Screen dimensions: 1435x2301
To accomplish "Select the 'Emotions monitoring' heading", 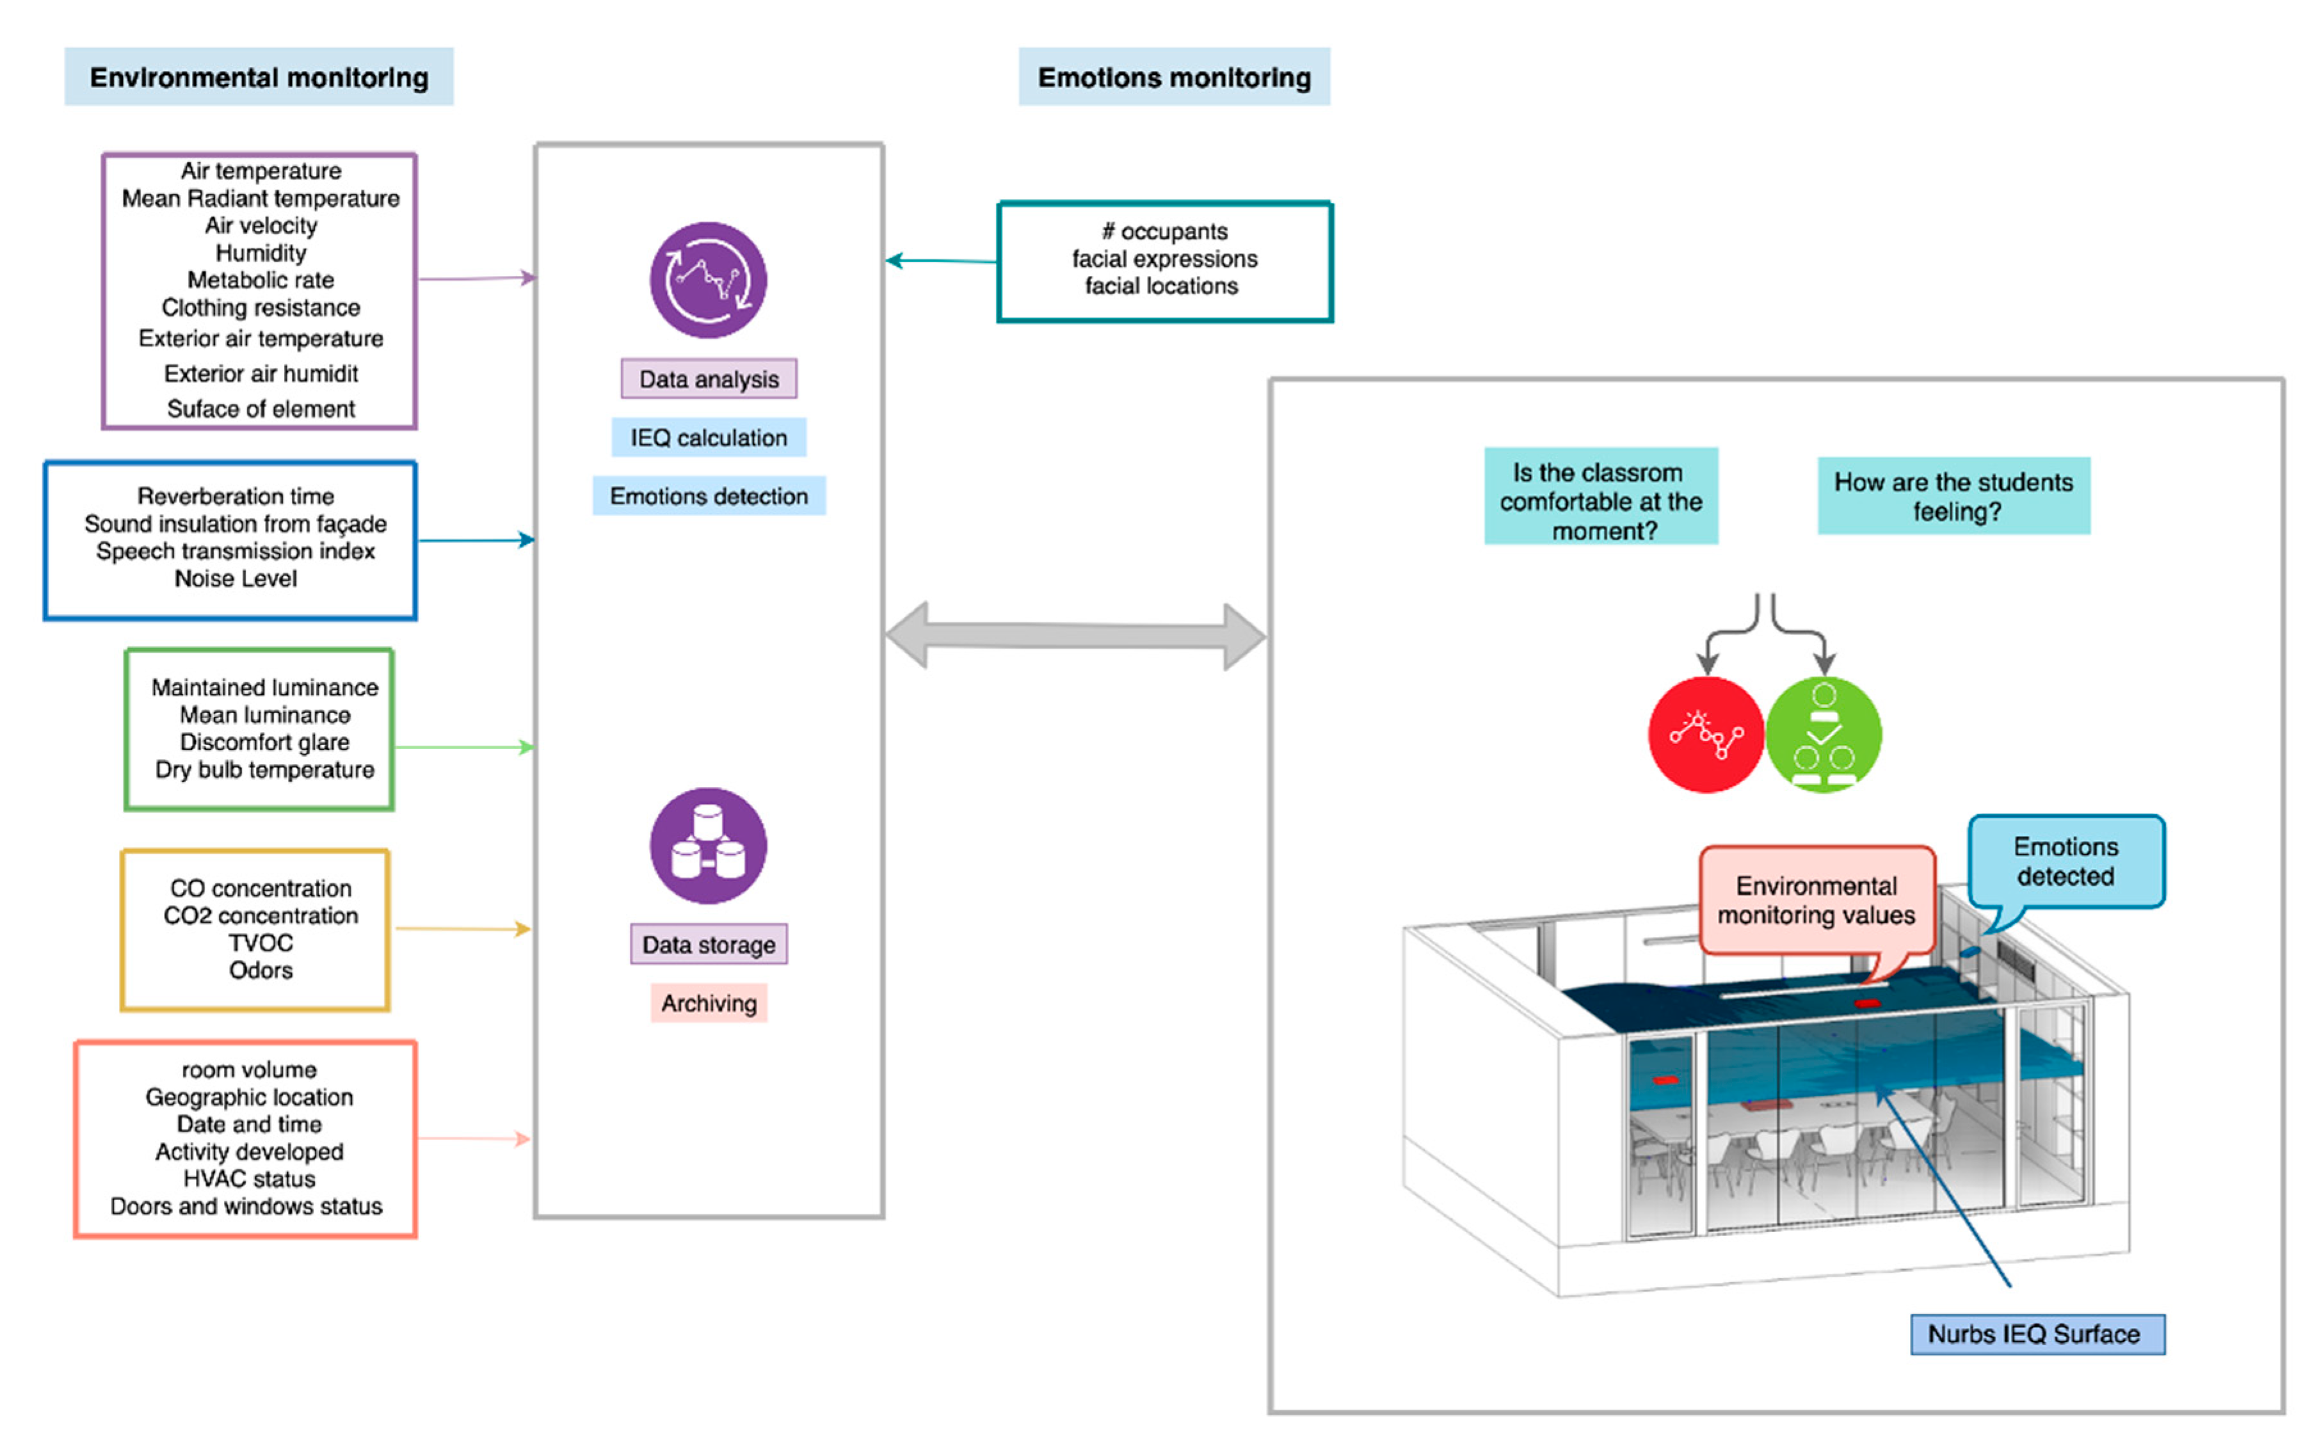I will (1174, 77).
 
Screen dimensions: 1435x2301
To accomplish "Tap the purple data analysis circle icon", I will (708, 280).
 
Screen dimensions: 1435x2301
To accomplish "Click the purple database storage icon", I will (708, 845).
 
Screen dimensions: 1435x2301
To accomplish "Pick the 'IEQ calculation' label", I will (708, 438).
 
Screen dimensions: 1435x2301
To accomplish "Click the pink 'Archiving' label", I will (708, 1003).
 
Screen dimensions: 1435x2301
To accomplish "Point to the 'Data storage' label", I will (708, 944).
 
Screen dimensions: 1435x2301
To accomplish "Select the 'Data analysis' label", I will (708, 379).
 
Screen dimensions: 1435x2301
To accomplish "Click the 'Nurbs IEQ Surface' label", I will (2036, 1335).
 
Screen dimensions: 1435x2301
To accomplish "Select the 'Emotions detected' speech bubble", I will (2065, 862).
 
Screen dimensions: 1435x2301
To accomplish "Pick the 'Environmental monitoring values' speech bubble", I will (1816, 900).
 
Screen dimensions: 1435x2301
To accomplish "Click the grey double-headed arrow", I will (1075, 636).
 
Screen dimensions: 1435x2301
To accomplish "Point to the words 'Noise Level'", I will (236, 579).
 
